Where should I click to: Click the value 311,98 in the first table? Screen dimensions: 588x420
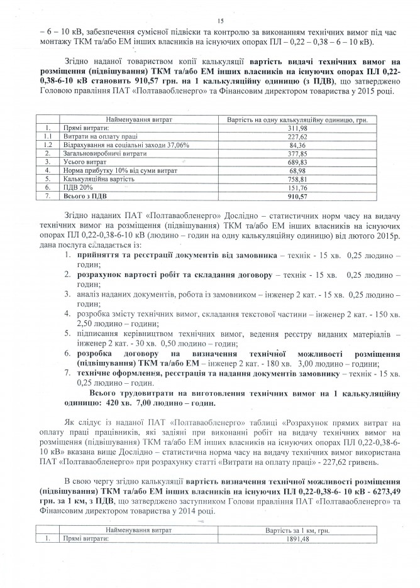(295, 127)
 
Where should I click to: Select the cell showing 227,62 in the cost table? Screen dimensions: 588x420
(295, 135)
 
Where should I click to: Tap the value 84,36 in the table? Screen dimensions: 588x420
(295, 144)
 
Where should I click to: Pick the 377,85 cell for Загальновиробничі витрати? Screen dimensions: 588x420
(295, 152)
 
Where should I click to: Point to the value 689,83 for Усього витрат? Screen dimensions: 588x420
(295, 161)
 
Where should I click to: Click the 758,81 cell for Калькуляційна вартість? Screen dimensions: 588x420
(295, 178)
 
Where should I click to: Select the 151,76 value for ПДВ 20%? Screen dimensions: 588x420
(295, 187)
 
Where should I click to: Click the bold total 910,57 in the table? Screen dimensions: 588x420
(295, 195)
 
